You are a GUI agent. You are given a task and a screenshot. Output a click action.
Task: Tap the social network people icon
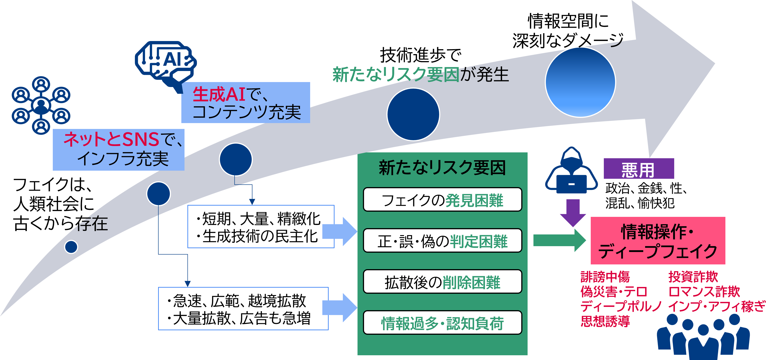(x=41, y=105)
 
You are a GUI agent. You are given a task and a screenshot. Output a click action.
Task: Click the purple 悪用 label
(x=638, y=169)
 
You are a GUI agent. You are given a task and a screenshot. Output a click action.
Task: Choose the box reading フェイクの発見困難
(x=442, y=200)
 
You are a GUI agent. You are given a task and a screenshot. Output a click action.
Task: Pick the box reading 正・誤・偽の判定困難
(x=442, y=241)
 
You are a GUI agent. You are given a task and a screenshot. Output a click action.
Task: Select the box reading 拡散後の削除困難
(x=442, y=282)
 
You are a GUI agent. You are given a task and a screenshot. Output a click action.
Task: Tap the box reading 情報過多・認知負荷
(x=442, y=323)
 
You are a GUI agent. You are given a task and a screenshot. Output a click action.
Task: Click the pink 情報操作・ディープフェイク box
(x=658, y=241)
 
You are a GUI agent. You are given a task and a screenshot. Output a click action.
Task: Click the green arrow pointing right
(x=559, y=240)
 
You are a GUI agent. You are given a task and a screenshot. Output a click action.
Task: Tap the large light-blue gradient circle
(x=580, y=82)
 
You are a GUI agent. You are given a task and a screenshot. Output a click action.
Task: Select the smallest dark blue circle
(x=71, y=247)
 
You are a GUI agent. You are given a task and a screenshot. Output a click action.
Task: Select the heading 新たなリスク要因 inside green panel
(x=442, y=168)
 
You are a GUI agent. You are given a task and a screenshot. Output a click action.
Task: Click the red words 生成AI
(x=219, y=94)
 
